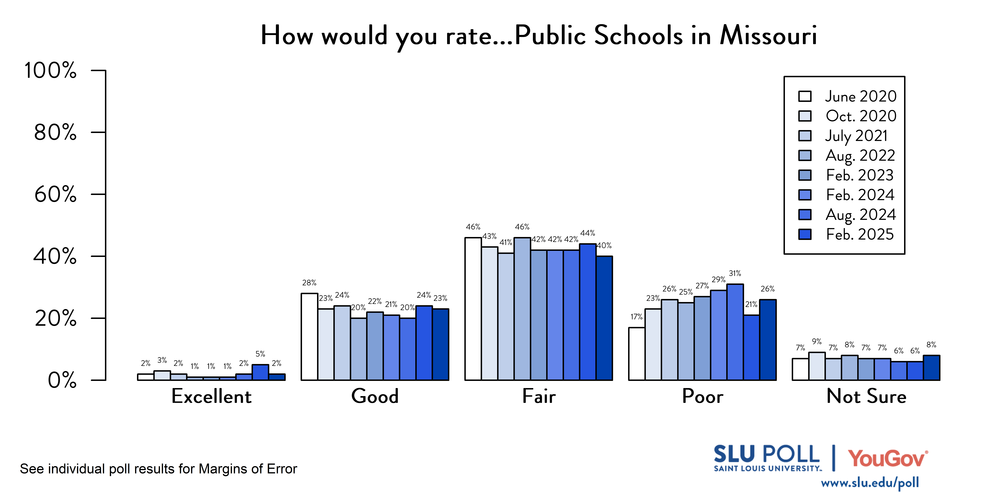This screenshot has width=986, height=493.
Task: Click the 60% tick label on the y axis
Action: coord(56,195)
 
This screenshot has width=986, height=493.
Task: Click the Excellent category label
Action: coord(211,396)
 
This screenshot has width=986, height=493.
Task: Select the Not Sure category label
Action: coord(866,396)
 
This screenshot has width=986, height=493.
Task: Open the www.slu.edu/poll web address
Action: coord(870,483)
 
